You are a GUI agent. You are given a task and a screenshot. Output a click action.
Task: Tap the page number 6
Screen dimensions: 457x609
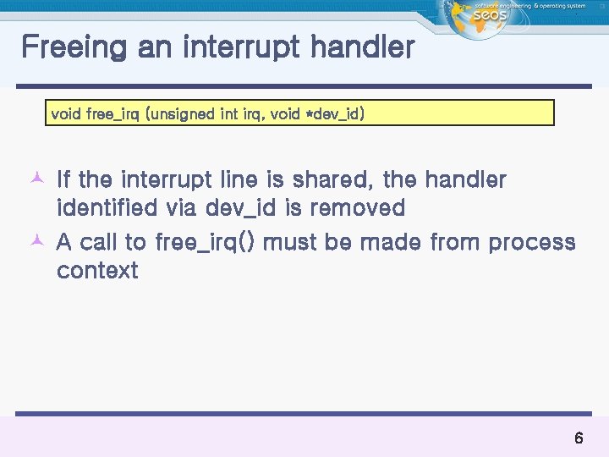point(579,438)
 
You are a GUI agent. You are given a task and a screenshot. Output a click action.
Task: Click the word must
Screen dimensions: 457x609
point(291,243)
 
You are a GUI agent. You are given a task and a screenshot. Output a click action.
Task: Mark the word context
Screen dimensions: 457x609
point(96,271)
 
